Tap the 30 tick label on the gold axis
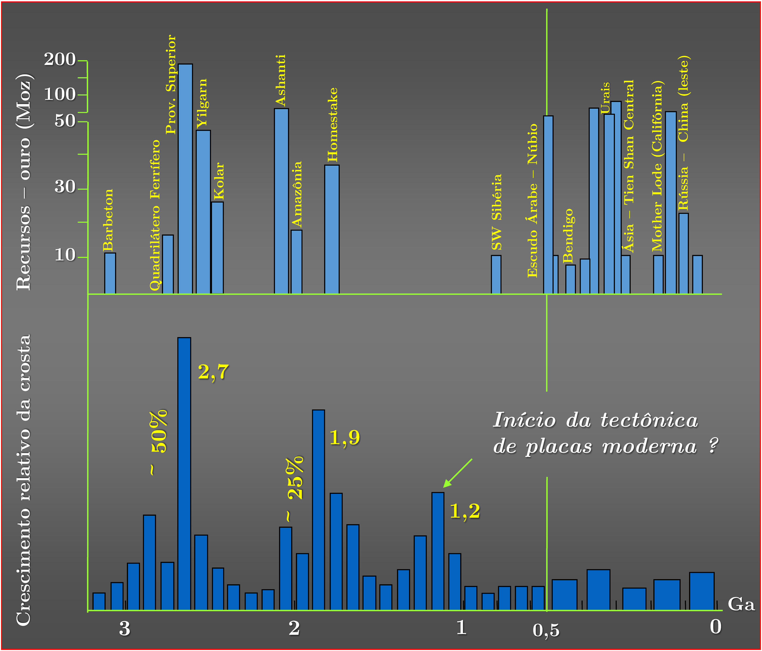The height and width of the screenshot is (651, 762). pos(65,187)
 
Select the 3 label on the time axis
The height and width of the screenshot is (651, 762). pos(125,629)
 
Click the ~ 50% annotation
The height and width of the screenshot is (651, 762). pos(158,442)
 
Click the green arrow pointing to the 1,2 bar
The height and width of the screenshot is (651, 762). pos(457,473)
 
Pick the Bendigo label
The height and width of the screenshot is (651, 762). pos(568,235)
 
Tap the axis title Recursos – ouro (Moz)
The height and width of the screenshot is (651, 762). pos(24,182)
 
